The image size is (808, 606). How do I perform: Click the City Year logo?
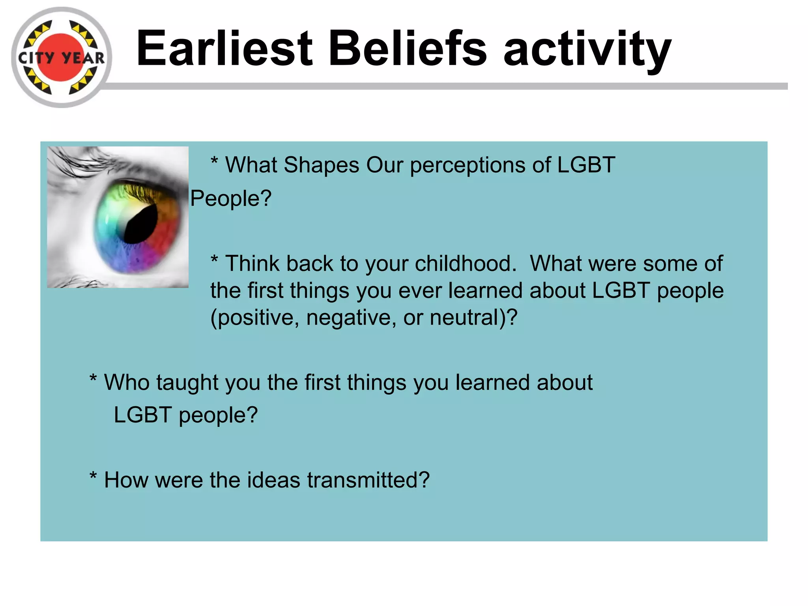(x=61, y=58)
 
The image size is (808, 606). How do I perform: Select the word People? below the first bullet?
(x=231, y=198)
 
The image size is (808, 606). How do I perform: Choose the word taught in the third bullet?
(x=187, y=383)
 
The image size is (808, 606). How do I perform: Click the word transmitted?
(x=367, y=480)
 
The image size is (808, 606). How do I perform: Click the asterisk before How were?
(x=93, y=475)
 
